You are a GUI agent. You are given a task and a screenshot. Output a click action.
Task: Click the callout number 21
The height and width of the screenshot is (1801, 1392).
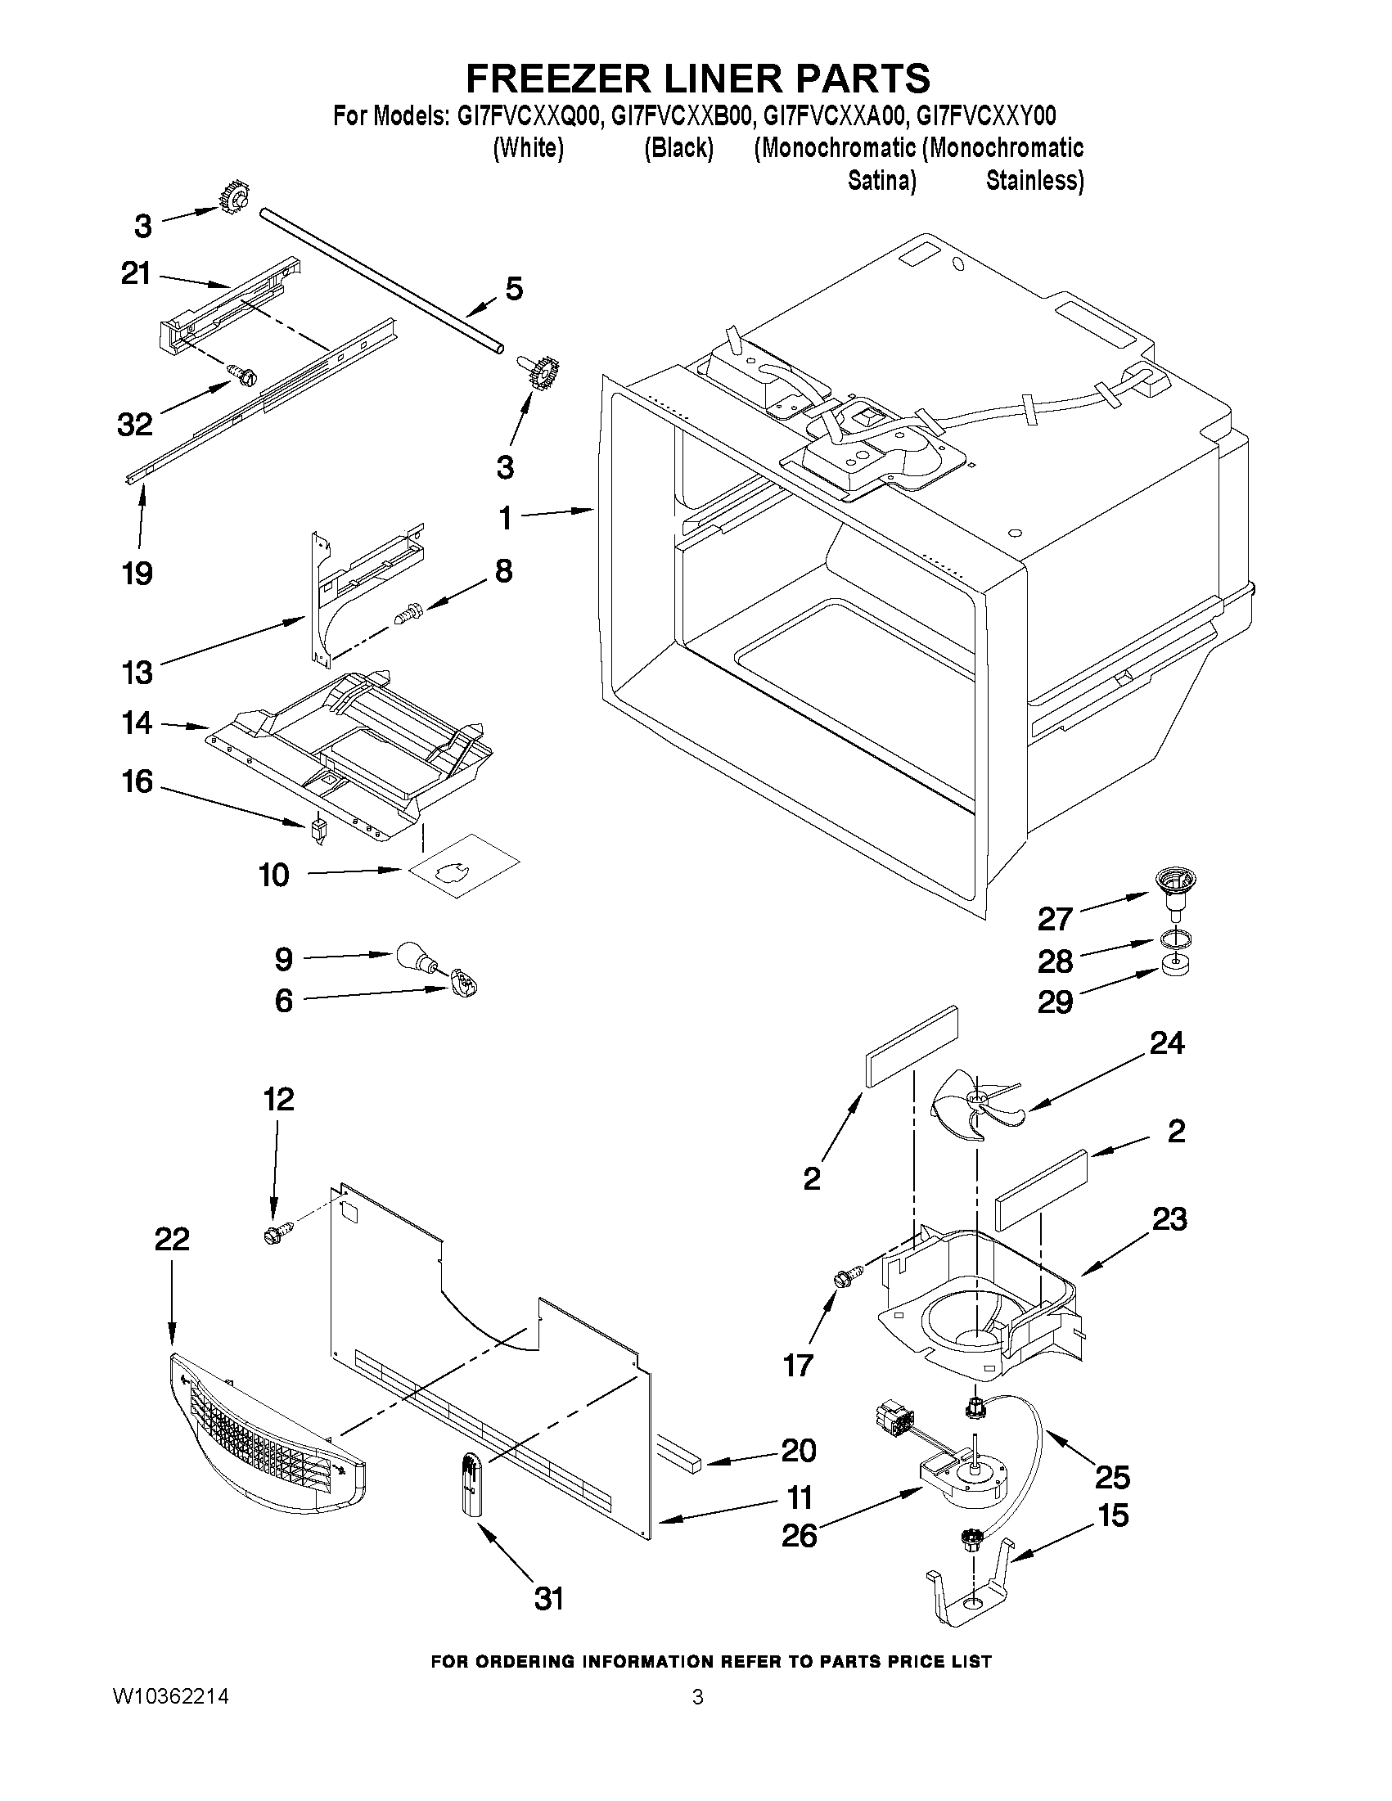[x=135, y=274]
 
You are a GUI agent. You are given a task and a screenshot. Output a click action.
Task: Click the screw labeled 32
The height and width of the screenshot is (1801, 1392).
[x=244, y=375]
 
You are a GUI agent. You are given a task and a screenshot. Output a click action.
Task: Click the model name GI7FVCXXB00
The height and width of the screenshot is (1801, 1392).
[x=680, y=115]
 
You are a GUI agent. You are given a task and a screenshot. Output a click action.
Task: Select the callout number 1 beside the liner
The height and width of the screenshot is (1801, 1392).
[x=505, y=518]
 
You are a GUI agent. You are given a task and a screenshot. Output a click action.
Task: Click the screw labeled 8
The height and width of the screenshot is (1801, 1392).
[x=408, y=615]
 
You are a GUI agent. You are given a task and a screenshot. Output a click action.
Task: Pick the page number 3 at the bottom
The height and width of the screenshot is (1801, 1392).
[x=698, y=1697]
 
